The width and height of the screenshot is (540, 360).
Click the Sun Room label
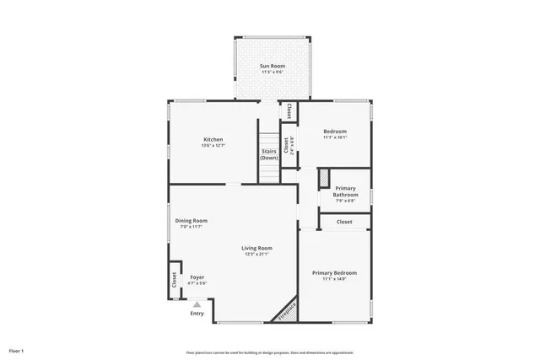click(272, 65)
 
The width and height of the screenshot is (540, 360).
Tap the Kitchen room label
click(213, 139)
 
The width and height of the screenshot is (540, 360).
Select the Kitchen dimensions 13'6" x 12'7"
click(213, 146)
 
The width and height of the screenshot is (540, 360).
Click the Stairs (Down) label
click(269, 155)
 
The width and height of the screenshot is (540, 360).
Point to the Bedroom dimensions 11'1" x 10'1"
click(335, 138)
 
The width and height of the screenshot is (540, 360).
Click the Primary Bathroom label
click(345, 191)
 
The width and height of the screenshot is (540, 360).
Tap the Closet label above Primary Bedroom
click(344, 222)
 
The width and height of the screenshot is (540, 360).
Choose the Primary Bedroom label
click(334, 272)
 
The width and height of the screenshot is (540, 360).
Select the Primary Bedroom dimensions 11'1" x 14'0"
click(334, 279)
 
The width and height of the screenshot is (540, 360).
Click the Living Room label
click(256, 247)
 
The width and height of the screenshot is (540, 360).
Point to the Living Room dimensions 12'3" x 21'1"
click(256, 254)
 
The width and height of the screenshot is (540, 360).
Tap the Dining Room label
click(192, 221)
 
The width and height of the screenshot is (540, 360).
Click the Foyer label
click(197, 277)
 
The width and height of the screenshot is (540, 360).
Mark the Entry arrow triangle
click(197, 304)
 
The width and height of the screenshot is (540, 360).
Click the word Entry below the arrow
click(197, 314)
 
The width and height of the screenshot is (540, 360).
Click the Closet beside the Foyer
click(175, 280)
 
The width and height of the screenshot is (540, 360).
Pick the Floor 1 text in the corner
click(17, 350)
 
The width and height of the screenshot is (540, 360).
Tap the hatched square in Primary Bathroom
click(324, 178)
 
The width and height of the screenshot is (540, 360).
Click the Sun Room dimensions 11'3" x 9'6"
click(272, 73)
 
